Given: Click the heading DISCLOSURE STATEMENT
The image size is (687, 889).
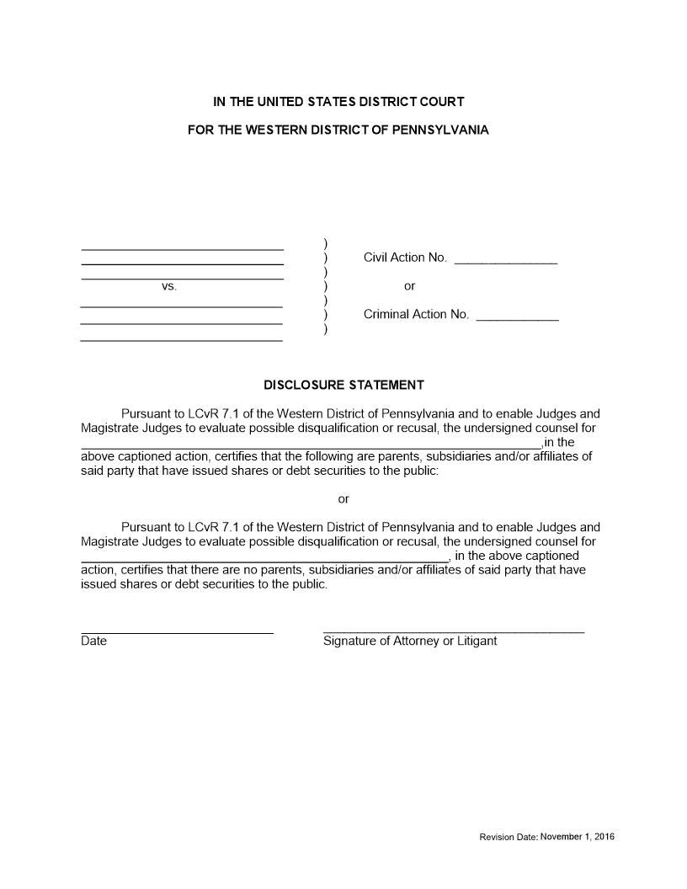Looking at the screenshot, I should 343,385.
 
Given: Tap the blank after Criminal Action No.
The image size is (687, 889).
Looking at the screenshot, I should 517,319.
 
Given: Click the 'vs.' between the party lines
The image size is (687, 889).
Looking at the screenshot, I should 169,286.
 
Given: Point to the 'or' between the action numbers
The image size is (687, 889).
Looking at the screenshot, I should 409,286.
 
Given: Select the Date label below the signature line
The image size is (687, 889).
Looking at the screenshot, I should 94,641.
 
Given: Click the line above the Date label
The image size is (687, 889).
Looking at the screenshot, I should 177,632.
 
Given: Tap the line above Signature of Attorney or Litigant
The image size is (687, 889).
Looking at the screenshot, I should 453,631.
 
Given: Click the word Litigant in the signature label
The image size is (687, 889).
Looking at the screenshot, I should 476,641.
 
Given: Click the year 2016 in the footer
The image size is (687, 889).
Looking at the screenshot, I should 603,837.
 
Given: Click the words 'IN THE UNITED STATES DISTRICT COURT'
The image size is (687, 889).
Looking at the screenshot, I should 338,102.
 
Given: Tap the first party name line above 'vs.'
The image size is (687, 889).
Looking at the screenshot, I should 182,250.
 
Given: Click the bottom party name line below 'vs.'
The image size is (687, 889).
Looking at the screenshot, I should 181,340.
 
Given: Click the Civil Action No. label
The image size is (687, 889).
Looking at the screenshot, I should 405,258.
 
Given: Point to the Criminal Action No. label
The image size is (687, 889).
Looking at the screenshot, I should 416,315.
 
